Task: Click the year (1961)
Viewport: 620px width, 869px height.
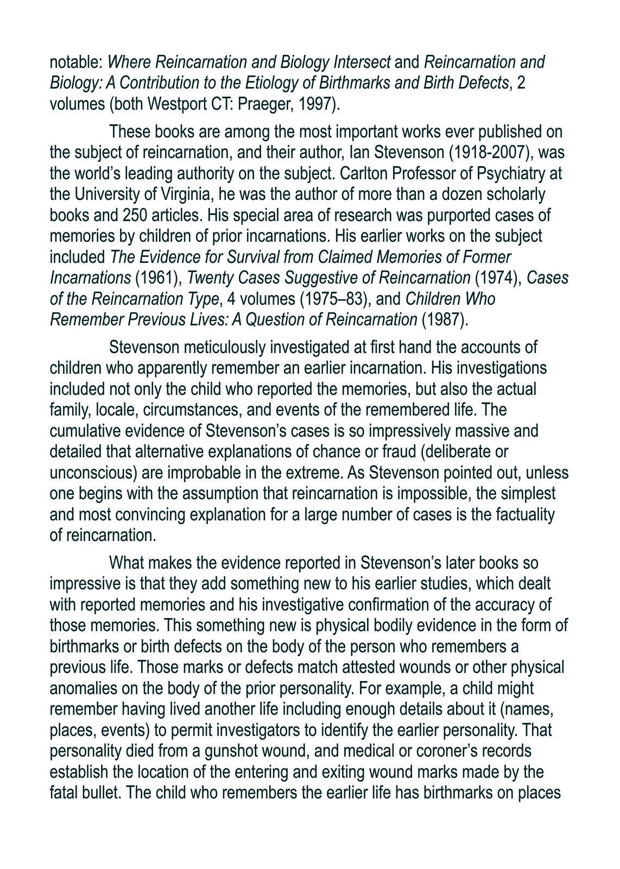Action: click(158, 278)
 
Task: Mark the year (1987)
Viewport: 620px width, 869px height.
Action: click(445, 320)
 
